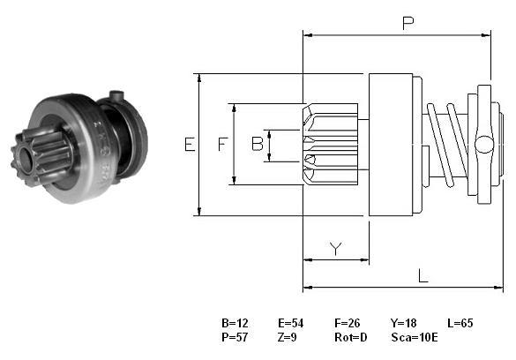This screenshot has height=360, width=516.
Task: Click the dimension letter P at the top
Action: (408, 23)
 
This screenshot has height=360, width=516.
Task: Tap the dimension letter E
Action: (190, 145)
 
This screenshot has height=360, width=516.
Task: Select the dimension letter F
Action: (223, 145)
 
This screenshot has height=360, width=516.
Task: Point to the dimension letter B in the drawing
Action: (258, 144)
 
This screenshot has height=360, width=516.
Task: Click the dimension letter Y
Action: (336, 249)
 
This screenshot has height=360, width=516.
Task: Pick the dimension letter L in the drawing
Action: (423, 276)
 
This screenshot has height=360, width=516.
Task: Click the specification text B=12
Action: (235, 323)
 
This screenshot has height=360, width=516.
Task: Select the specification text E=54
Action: (291, 323)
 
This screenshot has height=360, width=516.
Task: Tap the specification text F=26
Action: (348, 323)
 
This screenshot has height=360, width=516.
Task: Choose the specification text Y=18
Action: (404, 323)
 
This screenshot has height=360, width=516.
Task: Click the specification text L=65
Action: (460, 323)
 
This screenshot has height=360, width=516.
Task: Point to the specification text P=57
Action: (235, 337)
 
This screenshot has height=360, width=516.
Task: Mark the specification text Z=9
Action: (287, 337)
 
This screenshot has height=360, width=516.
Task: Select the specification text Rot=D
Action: (351, 337)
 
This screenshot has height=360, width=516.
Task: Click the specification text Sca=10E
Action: (415, 337)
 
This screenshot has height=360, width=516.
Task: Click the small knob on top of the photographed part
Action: (116, 96)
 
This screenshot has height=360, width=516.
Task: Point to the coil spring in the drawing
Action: (447, 145)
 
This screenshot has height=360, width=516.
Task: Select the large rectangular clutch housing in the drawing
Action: (391, 145)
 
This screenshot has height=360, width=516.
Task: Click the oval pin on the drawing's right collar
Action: (484, 145)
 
